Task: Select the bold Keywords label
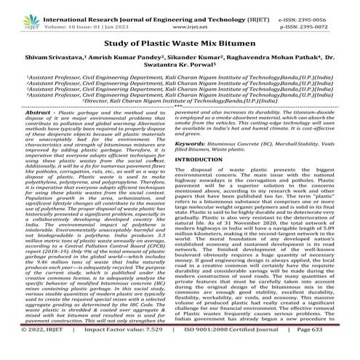tap(205, 165)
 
